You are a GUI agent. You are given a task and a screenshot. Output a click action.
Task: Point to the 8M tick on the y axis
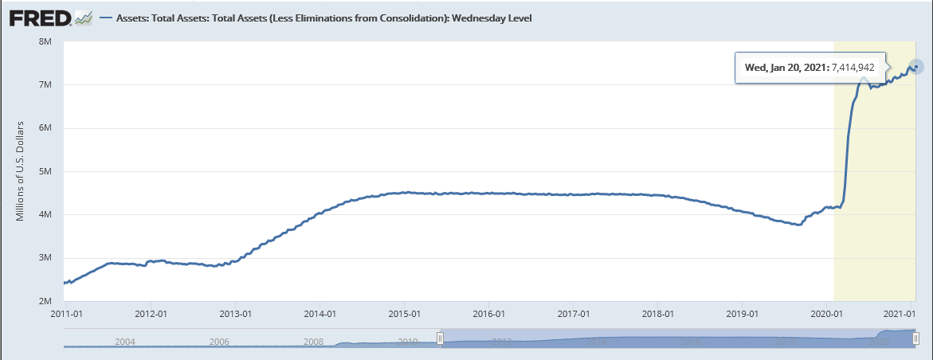(x=45, y=41)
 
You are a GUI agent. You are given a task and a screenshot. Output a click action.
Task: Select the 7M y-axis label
(x=45, y=85)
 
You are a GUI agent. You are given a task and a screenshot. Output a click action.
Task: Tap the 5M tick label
(x=45, y=171)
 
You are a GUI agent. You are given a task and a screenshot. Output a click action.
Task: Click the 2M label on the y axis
(x=45, y=301)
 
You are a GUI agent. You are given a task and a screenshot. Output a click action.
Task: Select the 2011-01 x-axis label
(x=64, y=313)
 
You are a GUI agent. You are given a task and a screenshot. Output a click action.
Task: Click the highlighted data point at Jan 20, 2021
(x=916, y=67)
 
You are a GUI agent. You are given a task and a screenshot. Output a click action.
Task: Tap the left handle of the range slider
(x=439, y=338)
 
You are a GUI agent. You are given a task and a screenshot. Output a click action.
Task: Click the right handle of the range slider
(x=915, y=338)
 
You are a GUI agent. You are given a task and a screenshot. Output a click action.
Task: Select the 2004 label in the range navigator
(x=125, y=341)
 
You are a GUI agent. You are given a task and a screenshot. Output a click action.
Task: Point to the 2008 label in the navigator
(x=313, y=341)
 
